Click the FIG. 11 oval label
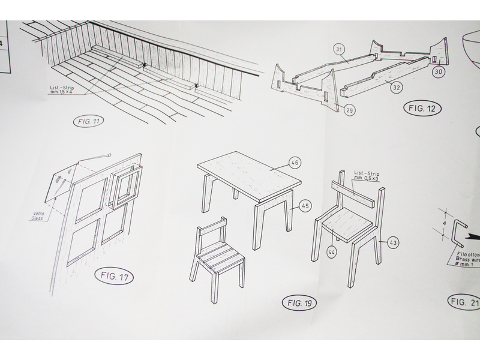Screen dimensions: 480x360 click(88, 122)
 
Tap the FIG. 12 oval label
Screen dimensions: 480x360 click(423, 109)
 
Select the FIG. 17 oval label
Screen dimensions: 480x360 click(114, 277)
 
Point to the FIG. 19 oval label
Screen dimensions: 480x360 click(299, 303)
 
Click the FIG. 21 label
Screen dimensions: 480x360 click(464, 302)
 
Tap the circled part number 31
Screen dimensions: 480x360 click(339, 49)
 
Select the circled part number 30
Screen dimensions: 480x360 click(439, 71)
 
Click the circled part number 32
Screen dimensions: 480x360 click(396, 88)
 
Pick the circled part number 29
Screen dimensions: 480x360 click(349, 110)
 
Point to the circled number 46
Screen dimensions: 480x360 click(295, 163)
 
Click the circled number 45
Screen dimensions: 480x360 click(305, 206)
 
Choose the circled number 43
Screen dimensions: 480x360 click(393, 243)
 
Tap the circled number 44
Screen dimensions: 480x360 click(332, 251)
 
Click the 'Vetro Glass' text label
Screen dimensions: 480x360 click(38, 216)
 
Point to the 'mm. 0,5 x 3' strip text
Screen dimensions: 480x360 click(366, 178)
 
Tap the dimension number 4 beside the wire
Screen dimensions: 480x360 click(445, 223)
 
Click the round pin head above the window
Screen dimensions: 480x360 click(109, 155)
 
